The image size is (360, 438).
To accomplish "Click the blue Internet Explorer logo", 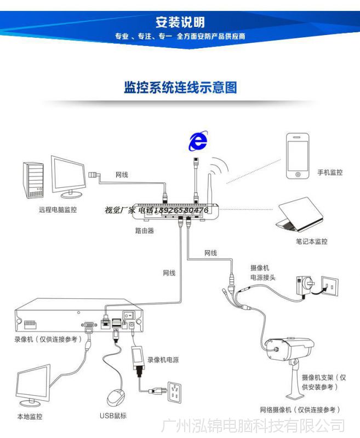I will pyautogui.click(x=198, y=142).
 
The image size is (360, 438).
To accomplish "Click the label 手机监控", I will pyautogui.click(x=330, y=172).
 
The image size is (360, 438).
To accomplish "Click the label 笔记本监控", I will pyautogui.click(x=311, y=241).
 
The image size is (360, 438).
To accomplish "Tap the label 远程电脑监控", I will pyautogui.click(x=58, y=210).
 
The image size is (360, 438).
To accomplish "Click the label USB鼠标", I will pyautogui.click(x=113, y=416).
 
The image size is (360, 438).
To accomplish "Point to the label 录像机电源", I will pyautogui.click(x=163, y=360).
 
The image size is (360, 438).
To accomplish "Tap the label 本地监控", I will pyautogui.click(x=30, y=417).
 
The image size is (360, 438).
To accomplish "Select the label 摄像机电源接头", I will pyautogui.click(x=262, y=273).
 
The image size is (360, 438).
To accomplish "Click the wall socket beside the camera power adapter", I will pyautogui.click(x=329, y=287).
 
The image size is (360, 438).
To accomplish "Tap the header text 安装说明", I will pyautogui.click(x=180, y=22).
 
